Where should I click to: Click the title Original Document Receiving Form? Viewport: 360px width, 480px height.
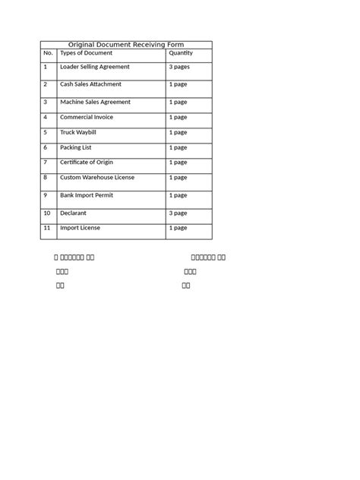tap(126, 45)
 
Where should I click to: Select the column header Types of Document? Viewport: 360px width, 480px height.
tap(86, 53)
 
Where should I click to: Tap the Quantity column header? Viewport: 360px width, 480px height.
tap(181, 53)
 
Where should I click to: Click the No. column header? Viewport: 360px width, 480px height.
tap(48, 53)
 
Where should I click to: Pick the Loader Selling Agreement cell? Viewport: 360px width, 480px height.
tap(95, 67)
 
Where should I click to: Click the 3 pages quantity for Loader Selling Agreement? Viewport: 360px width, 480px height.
tap(180, 67)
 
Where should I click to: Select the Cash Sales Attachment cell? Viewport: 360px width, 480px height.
tap(90, 84)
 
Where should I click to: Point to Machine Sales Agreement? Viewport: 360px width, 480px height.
tap(95, 102)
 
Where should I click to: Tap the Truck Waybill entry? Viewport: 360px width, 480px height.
tap(78, 132)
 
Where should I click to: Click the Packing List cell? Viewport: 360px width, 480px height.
tap(76, 147)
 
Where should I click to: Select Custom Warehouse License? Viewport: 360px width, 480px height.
tap(97, 177)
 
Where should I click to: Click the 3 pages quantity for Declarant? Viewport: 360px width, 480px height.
tap(180, 213)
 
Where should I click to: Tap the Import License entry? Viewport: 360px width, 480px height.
tap(80, 228)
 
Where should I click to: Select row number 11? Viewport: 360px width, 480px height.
tap(47, 228)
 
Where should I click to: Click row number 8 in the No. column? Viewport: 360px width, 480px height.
tap(46, 177)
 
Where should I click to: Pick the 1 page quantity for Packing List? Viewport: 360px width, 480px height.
tap(178, 147)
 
